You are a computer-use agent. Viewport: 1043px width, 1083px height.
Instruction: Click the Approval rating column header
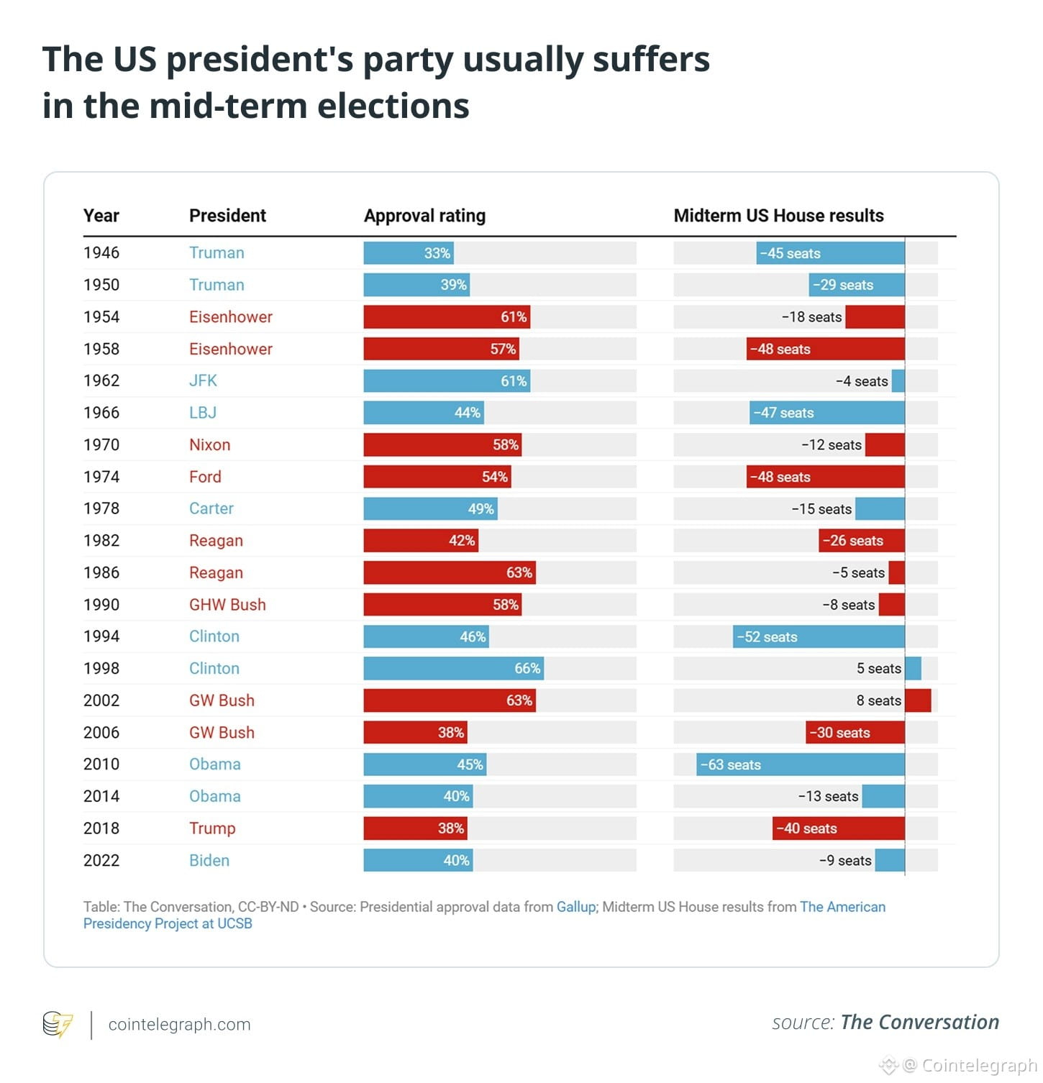coord(424,216)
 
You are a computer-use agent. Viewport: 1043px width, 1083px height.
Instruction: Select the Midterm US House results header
coord(778,216)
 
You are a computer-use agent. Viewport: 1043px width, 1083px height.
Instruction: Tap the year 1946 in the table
coord(101,253)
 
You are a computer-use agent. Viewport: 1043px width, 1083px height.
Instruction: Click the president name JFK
coord(203,381)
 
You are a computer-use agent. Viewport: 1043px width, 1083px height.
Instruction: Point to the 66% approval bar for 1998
coord(453,669)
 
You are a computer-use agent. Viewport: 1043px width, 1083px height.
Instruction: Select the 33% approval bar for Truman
coord(409,253)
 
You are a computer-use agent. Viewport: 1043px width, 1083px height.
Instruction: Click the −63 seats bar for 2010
coord(801,764)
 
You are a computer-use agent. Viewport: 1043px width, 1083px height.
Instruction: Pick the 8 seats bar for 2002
coord(918,700)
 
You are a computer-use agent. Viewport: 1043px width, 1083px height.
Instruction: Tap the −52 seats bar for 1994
coord(819,637)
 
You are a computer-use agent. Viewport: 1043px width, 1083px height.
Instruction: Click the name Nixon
coord(209,445)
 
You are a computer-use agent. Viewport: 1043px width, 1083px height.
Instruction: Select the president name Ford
coord(205,477)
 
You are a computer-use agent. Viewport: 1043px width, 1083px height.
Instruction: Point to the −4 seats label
coord(862,381)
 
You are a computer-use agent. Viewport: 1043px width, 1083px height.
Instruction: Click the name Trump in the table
coord(212,828)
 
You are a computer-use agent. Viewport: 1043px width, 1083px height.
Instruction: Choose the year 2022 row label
coord(101,861)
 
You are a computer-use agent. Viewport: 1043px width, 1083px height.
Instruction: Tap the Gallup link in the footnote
coord(575,907)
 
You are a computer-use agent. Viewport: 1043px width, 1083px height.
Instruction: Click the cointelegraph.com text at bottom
coord(179,1025)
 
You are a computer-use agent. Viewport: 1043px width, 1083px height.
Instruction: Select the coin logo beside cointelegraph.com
coord(58,1025)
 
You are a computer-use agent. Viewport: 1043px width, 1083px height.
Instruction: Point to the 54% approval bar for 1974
coord(437,477)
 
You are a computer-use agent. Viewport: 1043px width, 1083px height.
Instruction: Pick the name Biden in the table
coord(209,861)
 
